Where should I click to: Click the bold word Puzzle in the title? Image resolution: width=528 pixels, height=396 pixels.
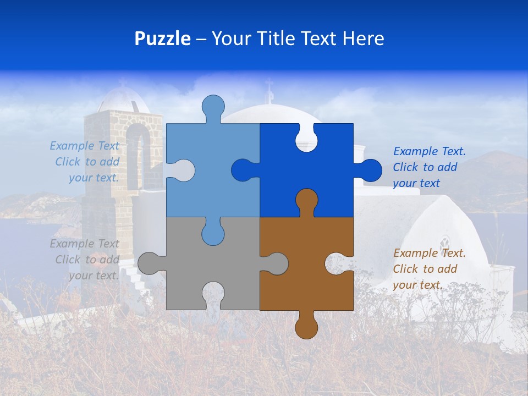pos(162,38)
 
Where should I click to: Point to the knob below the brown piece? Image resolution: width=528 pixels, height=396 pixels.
pos(306,327)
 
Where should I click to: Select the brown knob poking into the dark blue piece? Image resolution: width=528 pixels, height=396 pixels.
pos(306,201)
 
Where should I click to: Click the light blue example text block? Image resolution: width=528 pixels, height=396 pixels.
pos(86,162)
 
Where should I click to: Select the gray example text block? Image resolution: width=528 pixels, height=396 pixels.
pos(86,260)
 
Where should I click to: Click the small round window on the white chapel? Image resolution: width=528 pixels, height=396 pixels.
pos(444,243)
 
